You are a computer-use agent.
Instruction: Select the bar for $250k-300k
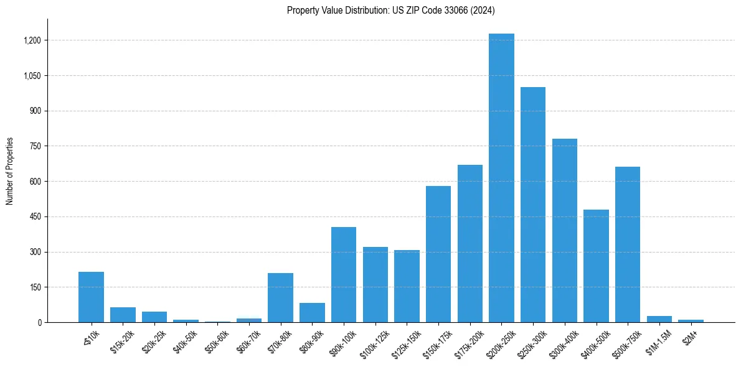(x=533, y=205)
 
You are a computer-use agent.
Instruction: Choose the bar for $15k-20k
(x=123, y=315)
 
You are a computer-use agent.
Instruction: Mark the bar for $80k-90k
(x=312, y=312)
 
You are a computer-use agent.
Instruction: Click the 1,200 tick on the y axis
(x=32, y=40)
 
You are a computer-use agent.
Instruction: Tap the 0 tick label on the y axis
(x=39, y=322)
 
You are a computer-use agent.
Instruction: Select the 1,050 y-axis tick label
(x=32, y=76)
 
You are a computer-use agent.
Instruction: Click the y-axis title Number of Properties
(x=9, y=171)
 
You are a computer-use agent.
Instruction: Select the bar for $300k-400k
(x=565, y=230)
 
